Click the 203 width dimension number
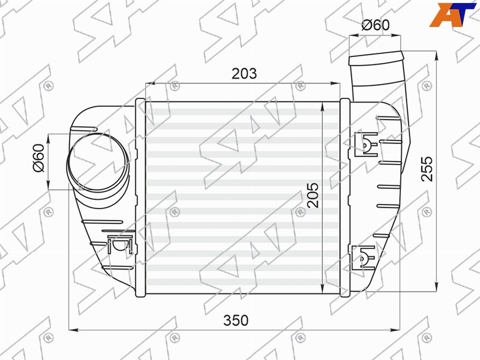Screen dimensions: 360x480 (x=244, y=74)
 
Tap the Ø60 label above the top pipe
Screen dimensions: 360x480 (x=376, y=25)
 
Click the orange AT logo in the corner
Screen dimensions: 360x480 (x=449, y=15)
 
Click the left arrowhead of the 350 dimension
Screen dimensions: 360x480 (x=73, y=329)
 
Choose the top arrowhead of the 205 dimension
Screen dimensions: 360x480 (x=324, y=107)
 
